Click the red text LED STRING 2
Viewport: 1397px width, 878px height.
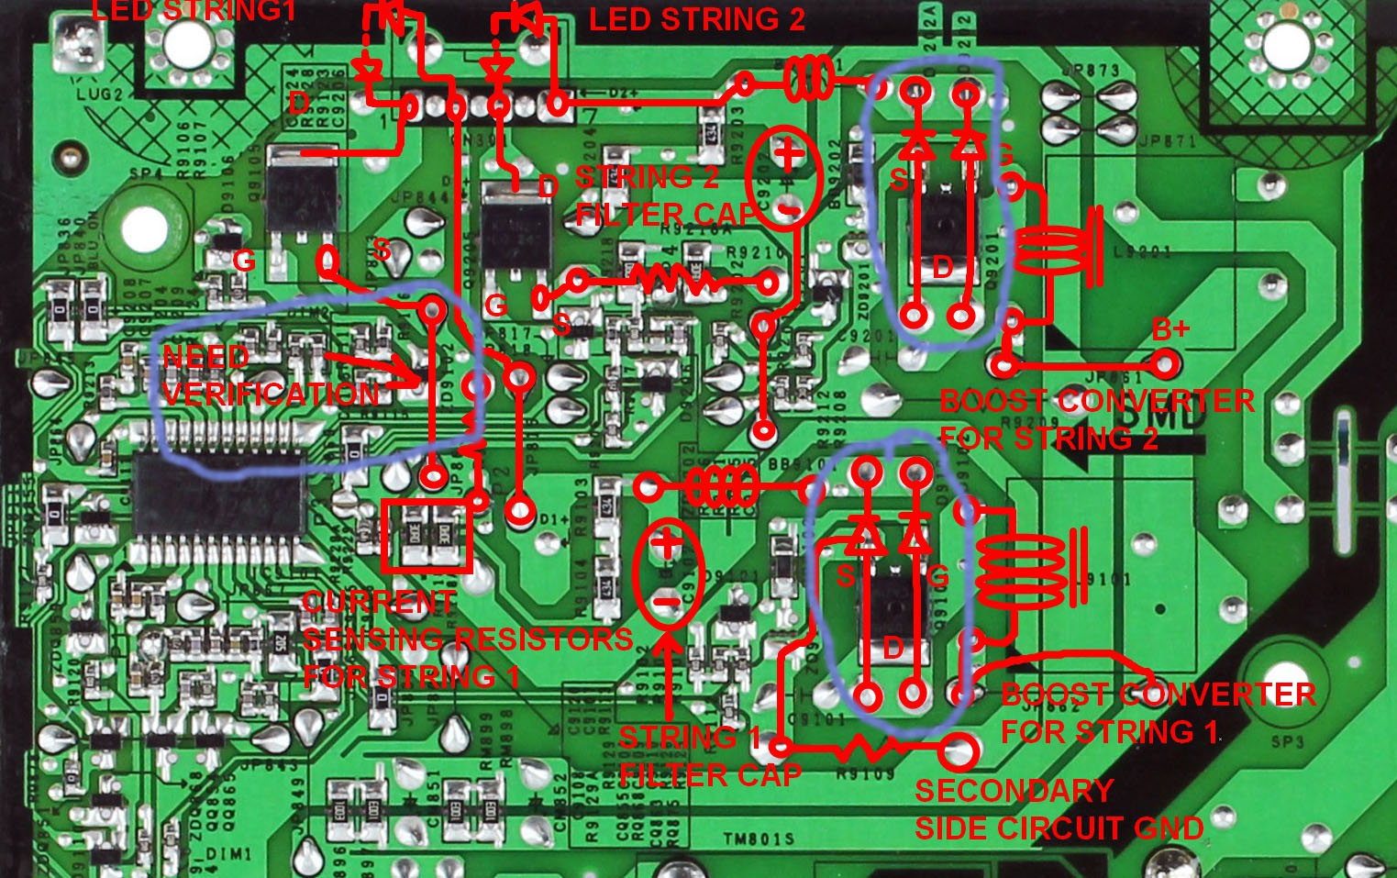coord(696,19)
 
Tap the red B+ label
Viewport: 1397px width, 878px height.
coord(1170,329)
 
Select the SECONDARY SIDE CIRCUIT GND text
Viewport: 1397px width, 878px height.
coord(1059,810)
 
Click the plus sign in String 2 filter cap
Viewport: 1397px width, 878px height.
coord(787,153)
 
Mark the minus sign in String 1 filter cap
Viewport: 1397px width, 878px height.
coord(667,602)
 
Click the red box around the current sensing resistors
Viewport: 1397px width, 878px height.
coord(427,536)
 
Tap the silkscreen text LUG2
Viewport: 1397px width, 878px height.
coord(98,94)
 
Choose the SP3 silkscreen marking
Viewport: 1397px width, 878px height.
coord(1287,741)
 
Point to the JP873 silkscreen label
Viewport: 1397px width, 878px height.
coord(1091,70)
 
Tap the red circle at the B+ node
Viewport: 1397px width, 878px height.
coord(1165,364)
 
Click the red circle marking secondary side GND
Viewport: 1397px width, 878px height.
coord(958,752)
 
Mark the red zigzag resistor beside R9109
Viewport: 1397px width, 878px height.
coord(865,750)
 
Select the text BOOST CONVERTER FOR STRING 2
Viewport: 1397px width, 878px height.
coord(1096,419)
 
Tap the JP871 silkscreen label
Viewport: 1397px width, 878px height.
coord(1167,141)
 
